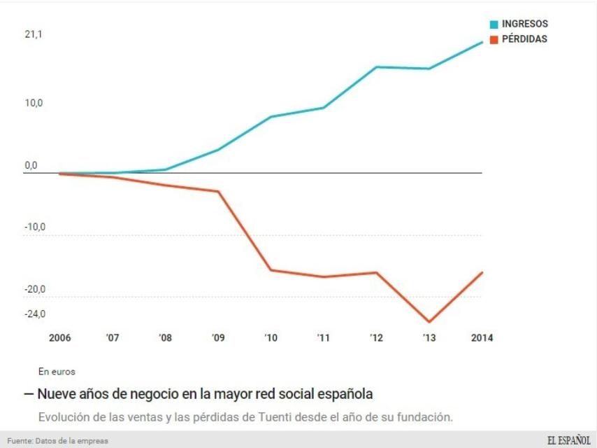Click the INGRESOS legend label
pos(524,24)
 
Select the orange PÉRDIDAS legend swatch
pos(494,40)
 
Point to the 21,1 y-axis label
pos(34,34)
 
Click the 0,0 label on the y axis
pos(31,166)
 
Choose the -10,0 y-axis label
pos(34,227)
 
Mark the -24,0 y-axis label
pos(34,314)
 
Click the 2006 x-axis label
pos(59,338)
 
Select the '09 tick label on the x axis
pos(218,338)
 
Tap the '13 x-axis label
pos(429,338)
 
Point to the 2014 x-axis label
pos(482,338)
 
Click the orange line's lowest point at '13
pos(429,322)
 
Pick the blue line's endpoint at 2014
pos(482,42)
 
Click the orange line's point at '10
pos(271,269)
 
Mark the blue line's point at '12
pos(376,67)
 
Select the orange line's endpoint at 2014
pos(482,272)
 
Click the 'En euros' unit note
pos(57,372)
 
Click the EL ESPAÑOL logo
pos(568,440)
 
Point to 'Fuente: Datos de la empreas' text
pos(58,441)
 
